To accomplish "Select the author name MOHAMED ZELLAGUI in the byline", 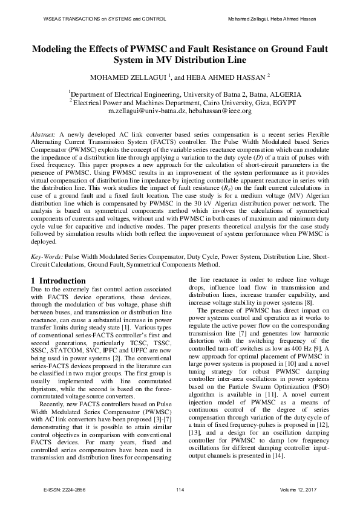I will pyautogui.click(x=126, y=77).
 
